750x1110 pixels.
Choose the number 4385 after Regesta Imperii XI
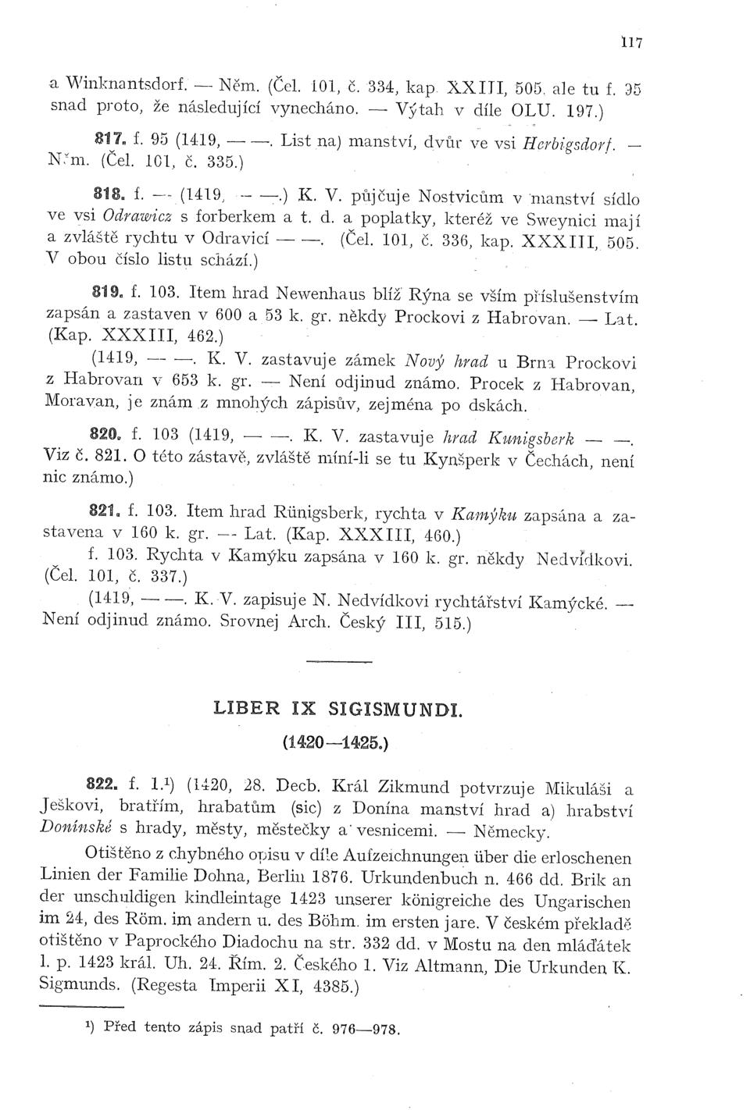pyautogui.click(x=329, y=986)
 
